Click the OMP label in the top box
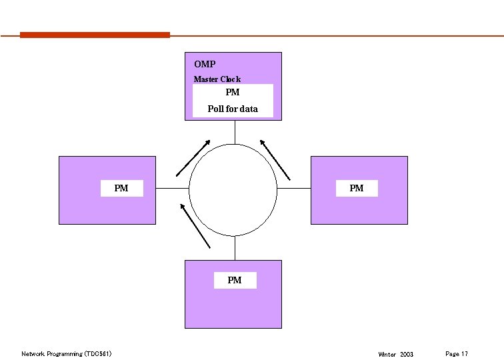coord(205,65)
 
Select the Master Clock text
coord(217,79)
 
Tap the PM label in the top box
coord(233,93)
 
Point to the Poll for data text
coord(233,109)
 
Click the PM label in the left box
coord(121,189)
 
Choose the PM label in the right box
coord(357,189)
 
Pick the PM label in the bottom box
coord(234,281)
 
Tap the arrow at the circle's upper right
coord(275,159)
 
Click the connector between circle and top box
coord(234,131)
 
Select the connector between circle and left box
coord(173,189)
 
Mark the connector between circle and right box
coord(294,189)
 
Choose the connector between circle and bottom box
coord(234,248)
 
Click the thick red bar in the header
coord(95,35)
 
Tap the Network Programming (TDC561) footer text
coord(66,354)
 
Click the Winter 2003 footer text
coord(395,354)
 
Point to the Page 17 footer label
coord(456,353)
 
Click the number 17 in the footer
coord(465,353)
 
